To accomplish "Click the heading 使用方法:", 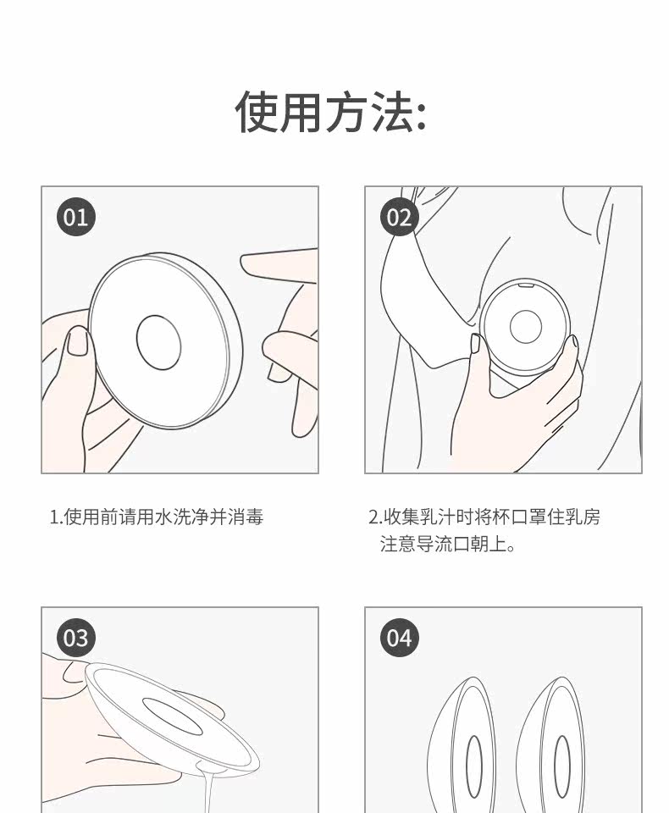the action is (330, 112).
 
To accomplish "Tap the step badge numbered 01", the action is (75, 217).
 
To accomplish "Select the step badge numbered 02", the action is (399, 217).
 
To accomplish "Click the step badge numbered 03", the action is (75, 638).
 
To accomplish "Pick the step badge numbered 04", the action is (399, 638).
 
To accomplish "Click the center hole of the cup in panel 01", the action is (158, 343).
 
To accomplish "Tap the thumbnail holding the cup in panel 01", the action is (78, 341).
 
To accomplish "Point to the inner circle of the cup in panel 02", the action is (525, 327).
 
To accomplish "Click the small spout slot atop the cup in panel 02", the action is (526, 285).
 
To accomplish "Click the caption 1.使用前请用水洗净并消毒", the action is (156, 517).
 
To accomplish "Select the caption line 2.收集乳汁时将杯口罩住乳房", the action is (484, 517).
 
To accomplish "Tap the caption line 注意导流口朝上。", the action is (448, 544).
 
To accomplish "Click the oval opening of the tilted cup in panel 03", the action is (172, 716).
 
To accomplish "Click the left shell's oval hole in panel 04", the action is (474, 766).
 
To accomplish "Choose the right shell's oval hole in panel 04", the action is (562, 766).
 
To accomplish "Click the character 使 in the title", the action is (257, 112).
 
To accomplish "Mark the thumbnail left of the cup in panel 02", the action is (474, 344).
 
